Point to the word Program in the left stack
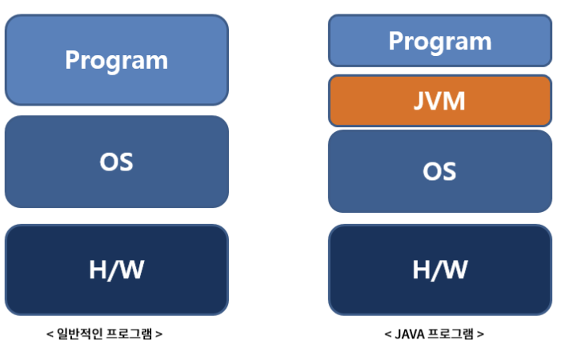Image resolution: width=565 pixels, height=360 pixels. click(x=117, y=60)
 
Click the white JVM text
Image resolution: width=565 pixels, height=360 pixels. click(x=439, y=102)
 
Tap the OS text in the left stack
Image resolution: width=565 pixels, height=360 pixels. click(x=117, y=162)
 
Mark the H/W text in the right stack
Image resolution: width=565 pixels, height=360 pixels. click(x=439, y=270)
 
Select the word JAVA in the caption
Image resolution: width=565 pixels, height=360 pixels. click(x=411, y=334)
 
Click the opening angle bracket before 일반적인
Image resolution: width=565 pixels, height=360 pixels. click(x=50, y=334)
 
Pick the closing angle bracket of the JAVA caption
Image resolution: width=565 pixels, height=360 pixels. click(x=480, y=334)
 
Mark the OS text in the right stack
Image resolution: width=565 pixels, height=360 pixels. click(x=439, y=170)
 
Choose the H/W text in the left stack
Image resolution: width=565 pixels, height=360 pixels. click(x=117, y=270)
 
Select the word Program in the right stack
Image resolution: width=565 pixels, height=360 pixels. click(x=439, y=41)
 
